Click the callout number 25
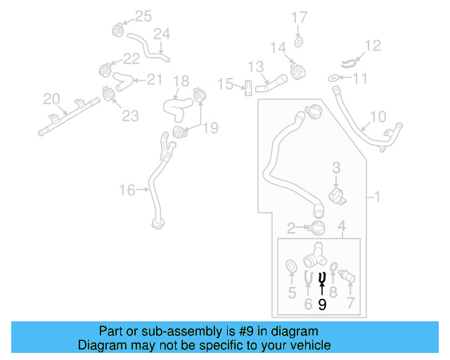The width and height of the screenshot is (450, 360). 143,16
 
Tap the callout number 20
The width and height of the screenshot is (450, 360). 52,98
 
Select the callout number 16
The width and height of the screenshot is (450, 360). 127,189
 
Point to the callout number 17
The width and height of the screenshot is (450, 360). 300,17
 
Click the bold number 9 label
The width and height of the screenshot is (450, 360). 322,304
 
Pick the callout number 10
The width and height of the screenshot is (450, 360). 378,116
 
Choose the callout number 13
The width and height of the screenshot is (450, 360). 255,67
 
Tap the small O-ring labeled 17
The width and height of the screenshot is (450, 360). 299,43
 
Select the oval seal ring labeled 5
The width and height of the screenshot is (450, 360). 290,266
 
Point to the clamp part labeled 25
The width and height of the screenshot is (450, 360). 118,30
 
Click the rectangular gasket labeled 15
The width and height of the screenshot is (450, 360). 247,89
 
